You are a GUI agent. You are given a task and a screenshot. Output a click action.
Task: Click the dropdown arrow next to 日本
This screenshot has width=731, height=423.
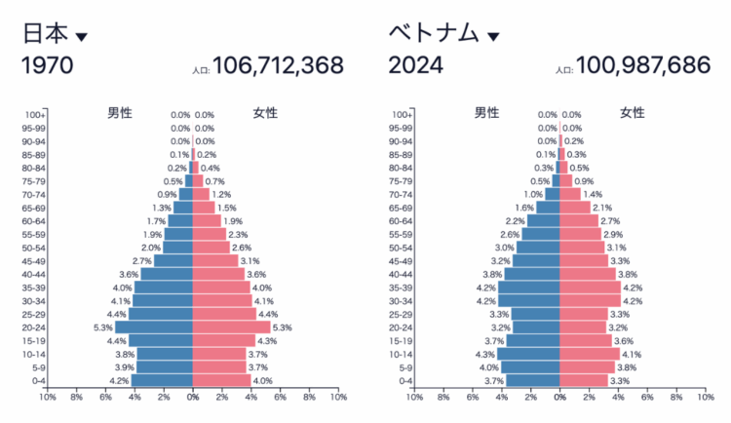[x=81, y=37]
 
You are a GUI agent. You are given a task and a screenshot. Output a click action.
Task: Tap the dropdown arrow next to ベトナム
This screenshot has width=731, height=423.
[x=493, y=37]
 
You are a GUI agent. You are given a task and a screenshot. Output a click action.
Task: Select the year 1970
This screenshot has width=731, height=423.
[x=48, y=66]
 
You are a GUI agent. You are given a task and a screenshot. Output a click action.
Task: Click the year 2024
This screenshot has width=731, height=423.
[x=416, y=66]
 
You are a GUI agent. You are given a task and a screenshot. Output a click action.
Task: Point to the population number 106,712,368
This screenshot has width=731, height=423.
[x=278, y=66]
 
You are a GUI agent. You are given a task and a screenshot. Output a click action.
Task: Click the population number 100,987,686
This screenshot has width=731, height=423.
[x=643, y=66]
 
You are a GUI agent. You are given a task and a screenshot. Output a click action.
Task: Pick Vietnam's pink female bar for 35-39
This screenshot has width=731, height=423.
[x=590, y=288]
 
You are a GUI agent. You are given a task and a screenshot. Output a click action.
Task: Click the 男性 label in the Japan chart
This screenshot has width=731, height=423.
[x=120, y=113]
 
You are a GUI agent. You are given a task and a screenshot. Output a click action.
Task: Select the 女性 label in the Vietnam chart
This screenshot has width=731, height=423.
[x=633, y=113]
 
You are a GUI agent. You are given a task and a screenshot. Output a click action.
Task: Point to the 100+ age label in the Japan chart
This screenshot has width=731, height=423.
[x=34, y=115]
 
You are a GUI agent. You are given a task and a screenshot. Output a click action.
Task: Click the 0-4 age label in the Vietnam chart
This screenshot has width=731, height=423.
[x=403, y=381]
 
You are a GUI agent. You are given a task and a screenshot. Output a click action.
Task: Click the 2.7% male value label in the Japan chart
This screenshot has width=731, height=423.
[x=140, y=261]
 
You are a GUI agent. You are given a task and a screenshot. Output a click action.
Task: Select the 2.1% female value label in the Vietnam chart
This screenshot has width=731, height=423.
[x=602, y=208]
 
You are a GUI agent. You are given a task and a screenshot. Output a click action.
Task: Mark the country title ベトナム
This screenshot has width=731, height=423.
[x=435, y=33]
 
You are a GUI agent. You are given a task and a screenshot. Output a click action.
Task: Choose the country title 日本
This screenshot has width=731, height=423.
[x=45, y=33]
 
